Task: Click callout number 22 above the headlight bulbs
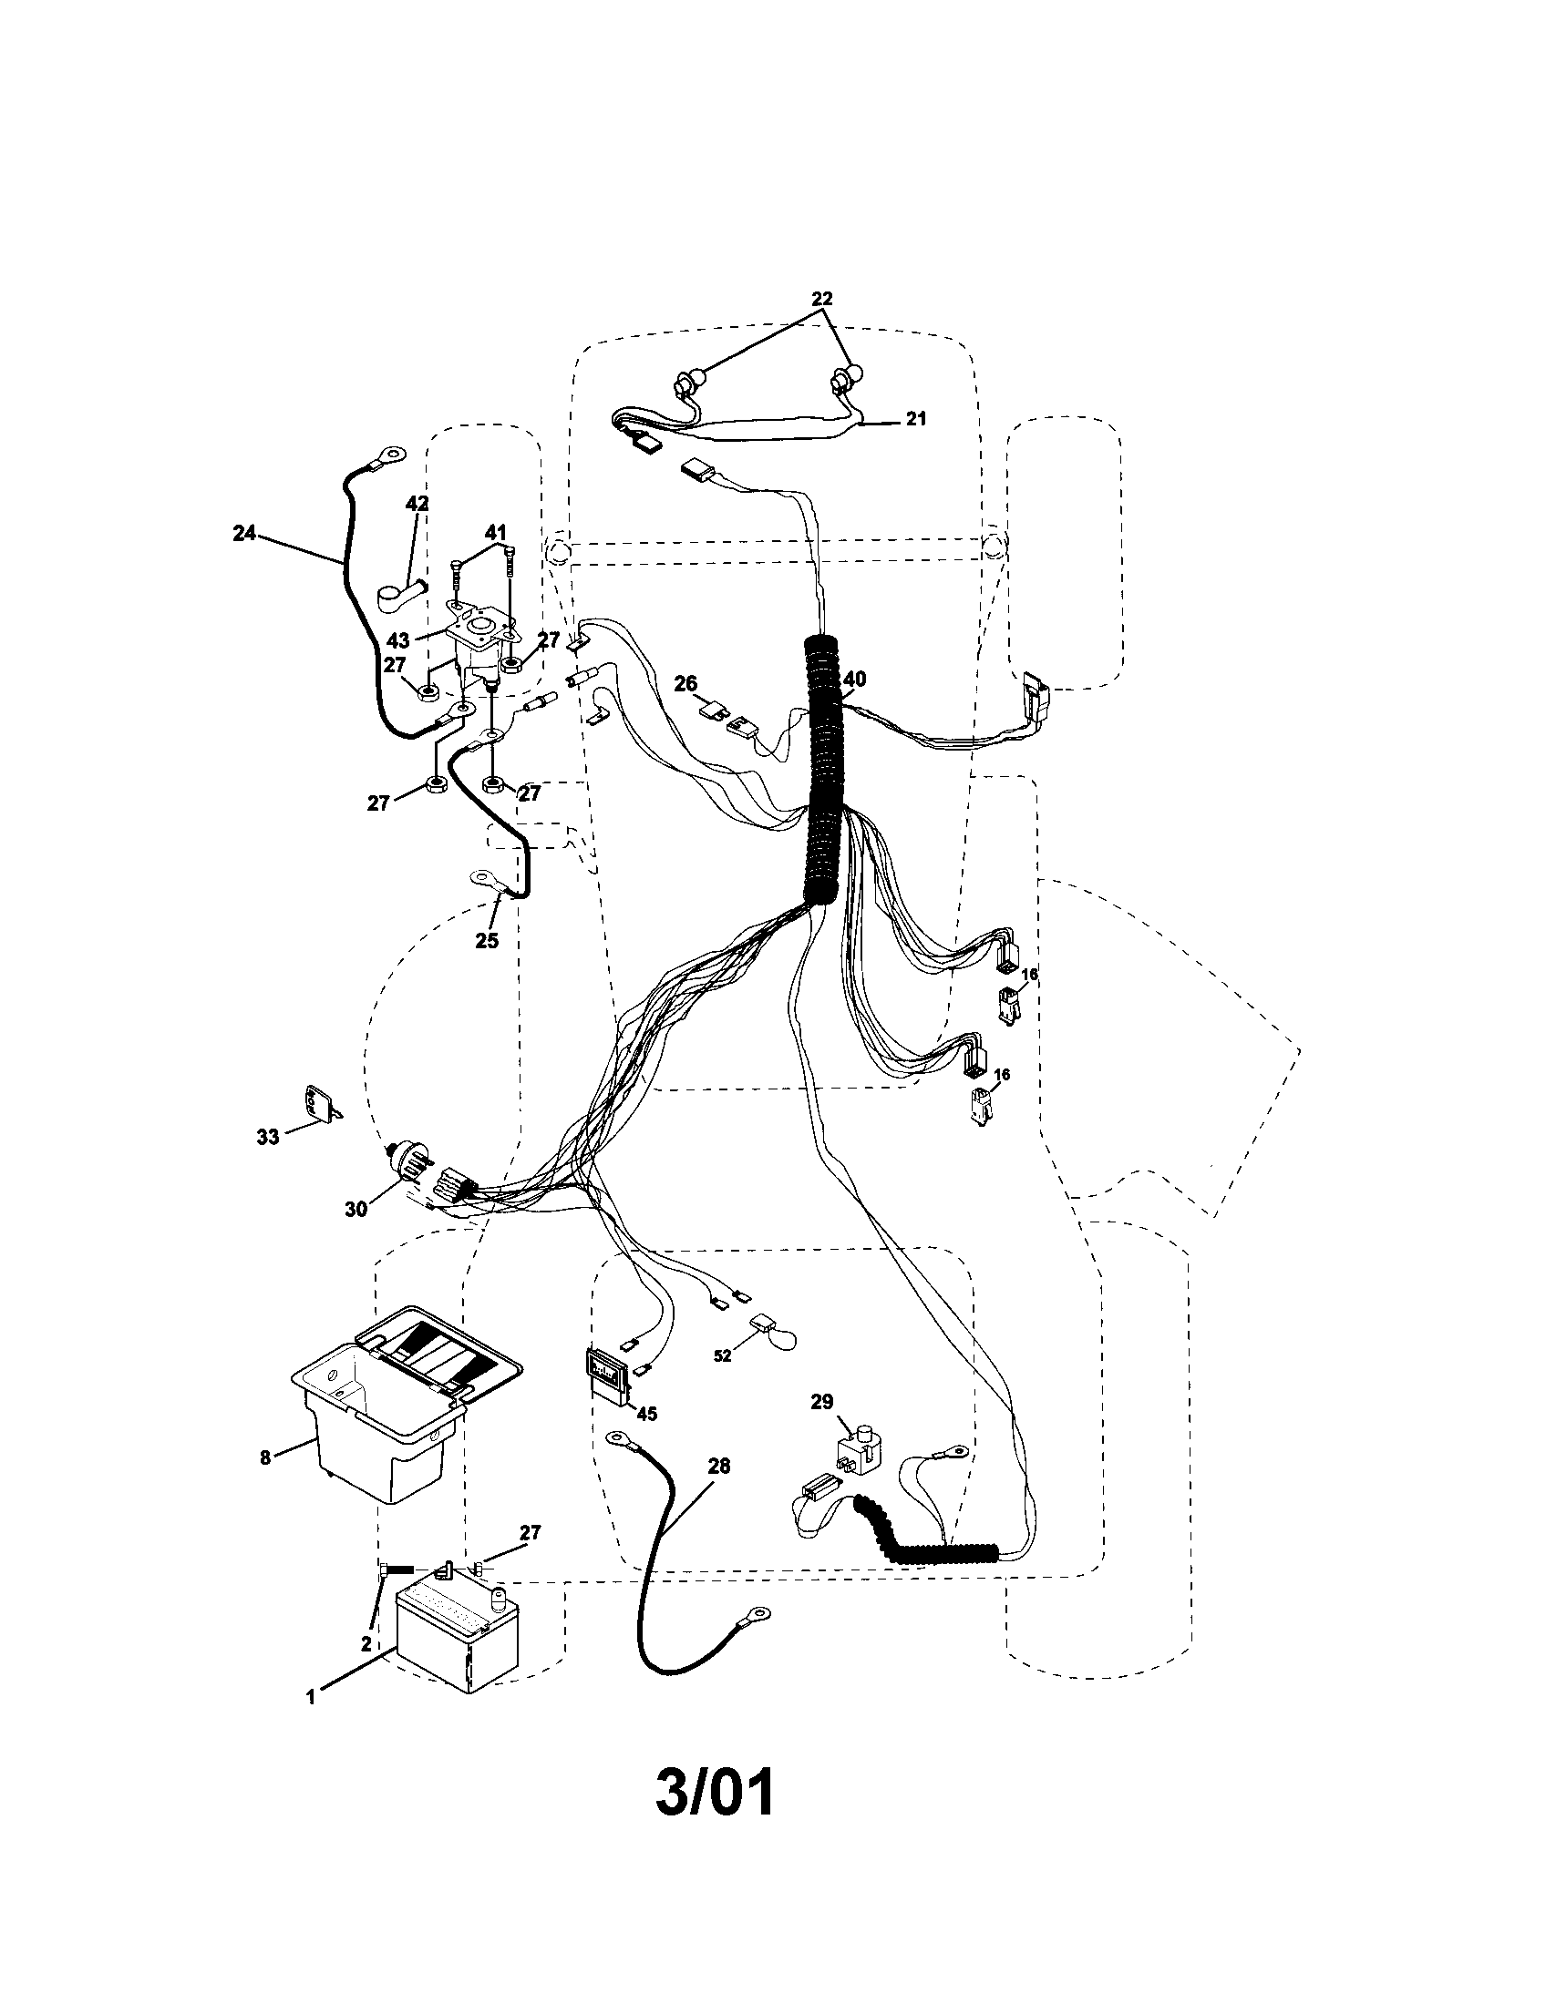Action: click(821, 299)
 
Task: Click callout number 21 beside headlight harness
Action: click(915, 419)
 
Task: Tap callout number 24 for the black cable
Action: click(244, 533)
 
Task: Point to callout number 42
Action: click(417, 503)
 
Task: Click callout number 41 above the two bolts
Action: click(496, 531)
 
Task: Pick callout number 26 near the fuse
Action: click(685, 683)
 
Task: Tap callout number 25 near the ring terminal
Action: click(487, 941)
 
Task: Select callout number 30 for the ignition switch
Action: click(356, 1210)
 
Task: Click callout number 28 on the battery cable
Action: click(719, 1467)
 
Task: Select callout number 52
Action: click(723, 1355)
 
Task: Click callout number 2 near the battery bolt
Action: click(366, 1643)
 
